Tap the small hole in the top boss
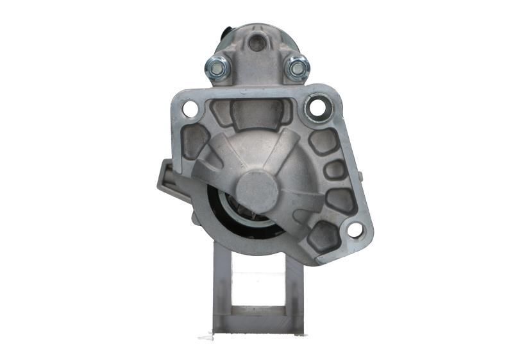(x=256, y=43)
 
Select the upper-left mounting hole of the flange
(x=190, y=108)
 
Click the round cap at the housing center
(x=256, y=192)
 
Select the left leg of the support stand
(x=221, y=289)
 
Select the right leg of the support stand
(x=293, y=289)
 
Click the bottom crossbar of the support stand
(x=256, y=324)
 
